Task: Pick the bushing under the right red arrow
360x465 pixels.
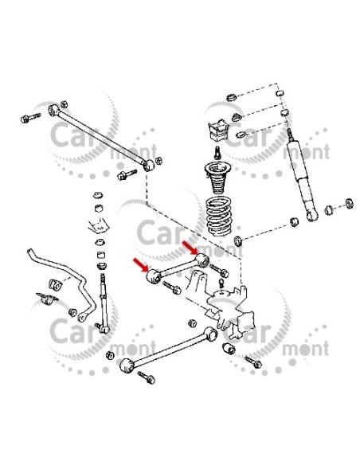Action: click(x=203, y=260)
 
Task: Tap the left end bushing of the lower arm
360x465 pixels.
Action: click(x=125, y=367)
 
